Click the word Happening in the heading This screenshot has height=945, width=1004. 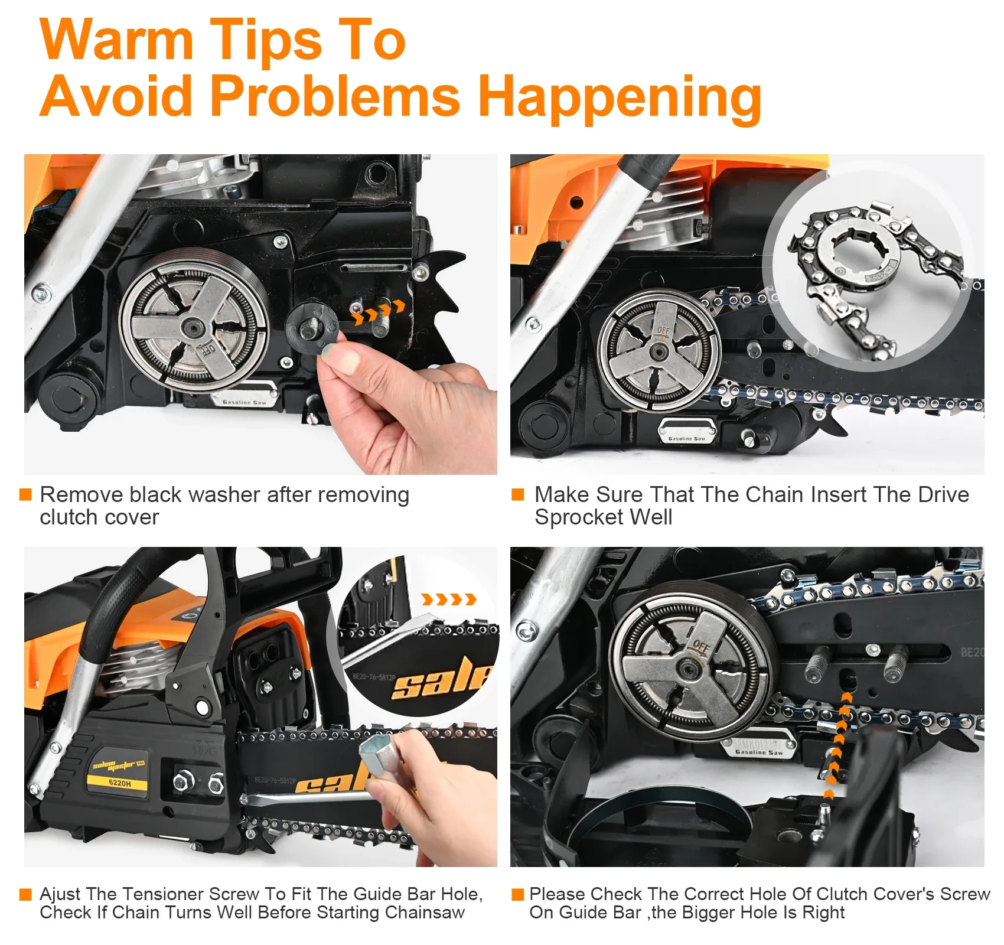click(620, 97)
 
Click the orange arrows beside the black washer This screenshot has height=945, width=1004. click(379, 312)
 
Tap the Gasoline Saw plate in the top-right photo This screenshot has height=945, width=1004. click(687, 431)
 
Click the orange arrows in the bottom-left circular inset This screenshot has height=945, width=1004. click(449, 600)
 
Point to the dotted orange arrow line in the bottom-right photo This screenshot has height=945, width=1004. click(839, 744)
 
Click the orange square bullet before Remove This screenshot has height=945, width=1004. click(25, 494)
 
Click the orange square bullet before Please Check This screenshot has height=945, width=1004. click(517, 894)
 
